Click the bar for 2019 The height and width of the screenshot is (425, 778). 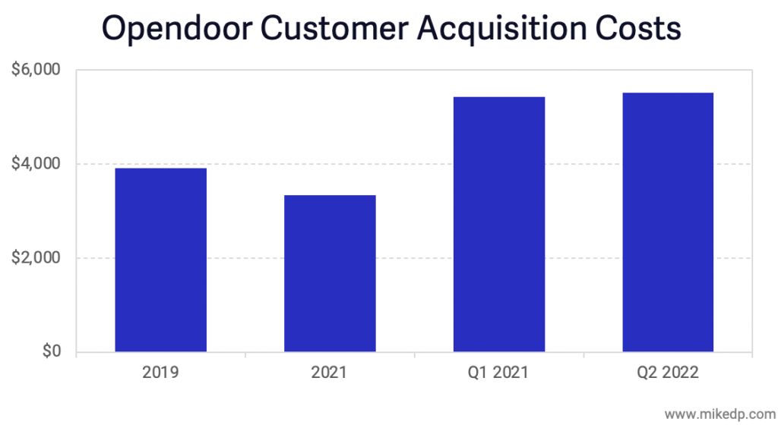[x=160, y=260]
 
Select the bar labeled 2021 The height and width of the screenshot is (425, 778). [x=330, y=274]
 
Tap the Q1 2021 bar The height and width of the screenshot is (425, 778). [x=499, y=225]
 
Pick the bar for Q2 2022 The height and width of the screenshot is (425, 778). [x=668, y=222]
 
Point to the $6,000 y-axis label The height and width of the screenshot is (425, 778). [x=36, y=71]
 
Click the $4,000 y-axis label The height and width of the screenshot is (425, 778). [x=36, y=165]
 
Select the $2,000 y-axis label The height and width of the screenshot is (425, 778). [x=36, y=258]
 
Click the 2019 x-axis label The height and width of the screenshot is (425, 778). [x=160, y=373]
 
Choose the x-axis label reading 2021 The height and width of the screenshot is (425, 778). [x=330, y=373]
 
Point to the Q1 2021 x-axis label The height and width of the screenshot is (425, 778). [x=499, y=373]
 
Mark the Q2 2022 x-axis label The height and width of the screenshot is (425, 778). [x=668, y=373]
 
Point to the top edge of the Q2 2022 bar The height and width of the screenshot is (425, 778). [x=668, y=93]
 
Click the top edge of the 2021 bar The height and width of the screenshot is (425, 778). [x=330, y=196]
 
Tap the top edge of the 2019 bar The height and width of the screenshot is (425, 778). [x=160, y=168]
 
